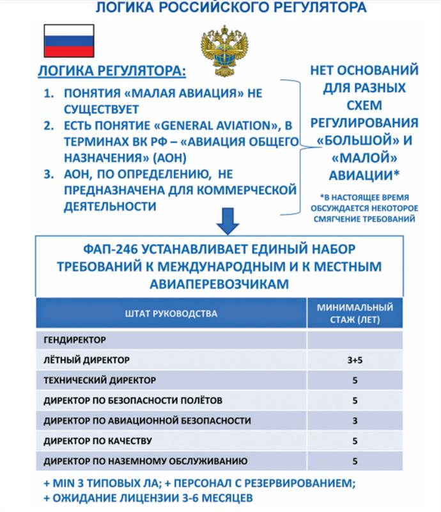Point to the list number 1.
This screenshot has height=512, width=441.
tap(49, 93)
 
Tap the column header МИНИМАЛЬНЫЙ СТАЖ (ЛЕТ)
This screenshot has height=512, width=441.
tap(355, 313)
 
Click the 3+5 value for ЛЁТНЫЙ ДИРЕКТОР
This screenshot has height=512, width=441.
tap(355, 360)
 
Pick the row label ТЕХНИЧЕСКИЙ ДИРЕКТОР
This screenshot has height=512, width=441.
tap(100, 380)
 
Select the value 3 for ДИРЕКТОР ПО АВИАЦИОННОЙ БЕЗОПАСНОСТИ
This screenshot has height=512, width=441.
tap(355, 420)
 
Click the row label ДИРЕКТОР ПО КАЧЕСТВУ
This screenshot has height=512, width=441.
tap(97, 440)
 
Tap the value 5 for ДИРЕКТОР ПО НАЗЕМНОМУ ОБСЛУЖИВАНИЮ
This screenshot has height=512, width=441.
tap(355, 461)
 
